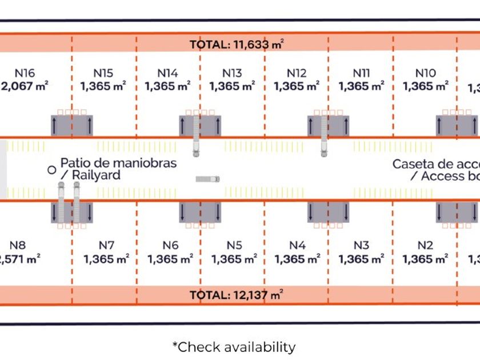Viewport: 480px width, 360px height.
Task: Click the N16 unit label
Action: (25, 73)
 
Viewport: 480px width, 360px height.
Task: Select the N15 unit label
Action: (103, 73)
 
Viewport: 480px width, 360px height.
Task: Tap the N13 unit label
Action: (232, 73)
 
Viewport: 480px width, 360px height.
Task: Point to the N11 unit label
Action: (361, 73)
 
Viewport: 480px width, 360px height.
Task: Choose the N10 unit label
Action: (425, 73)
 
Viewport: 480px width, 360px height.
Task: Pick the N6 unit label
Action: (170, 245)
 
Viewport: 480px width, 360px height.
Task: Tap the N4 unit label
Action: (297, 245)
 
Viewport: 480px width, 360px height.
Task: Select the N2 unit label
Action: (425, 245)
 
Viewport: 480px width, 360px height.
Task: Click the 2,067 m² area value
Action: (25, 87)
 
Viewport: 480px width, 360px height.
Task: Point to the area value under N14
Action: (168, 87)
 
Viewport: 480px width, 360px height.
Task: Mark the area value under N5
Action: (234, 259)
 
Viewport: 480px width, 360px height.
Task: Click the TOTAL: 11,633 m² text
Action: (237, 44)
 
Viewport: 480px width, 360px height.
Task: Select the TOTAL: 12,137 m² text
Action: (237, 295)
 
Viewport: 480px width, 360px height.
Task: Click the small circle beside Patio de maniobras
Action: (51, 169)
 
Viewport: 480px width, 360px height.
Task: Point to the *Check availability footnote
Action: (234, 347)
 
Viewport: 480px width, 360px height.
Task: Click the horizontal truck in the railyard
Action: (207, 179)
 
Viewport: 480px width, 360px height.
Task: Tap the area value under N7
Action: (106, 259)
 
